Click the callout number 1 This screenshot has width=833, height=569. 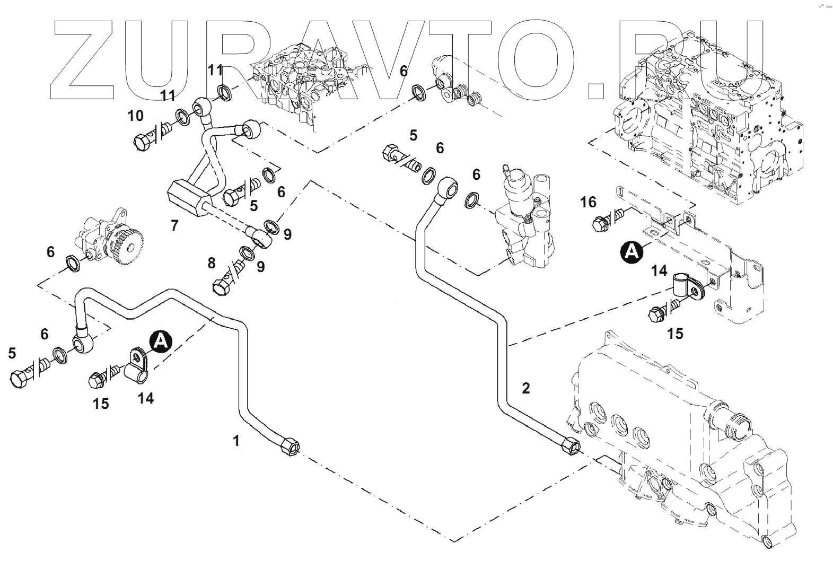(236, 440)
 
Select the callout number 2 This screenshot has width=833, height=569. (525, 388)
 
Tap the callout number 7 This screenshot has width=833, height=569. (174, 225)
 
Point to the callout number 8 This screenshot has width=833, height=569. (212, 262)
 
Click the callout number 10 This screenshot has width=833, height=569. (136, 116)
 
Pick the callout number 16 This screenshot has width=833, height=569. (588, 202)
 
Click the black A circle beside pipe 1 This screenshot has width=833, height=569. (160, 342)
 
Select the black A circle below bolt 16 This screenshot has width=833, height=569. (632, 251)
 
